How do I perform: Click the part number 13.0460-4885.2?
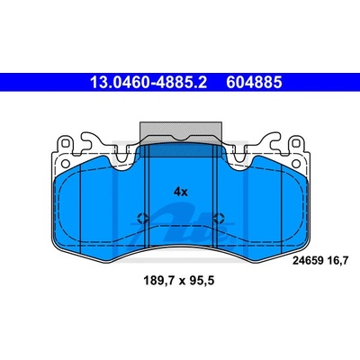[148, 82]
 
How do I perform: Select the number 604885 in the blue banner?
[254, 82]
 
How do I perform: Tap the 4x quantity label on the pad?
[180, 192]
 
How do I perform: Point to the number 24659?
[308, 261]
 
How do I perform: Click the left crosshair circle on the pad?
[142, 218]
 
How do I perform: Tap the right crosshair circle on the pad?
[218, 218]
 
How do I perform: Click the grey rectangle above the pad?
[181, 130]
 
